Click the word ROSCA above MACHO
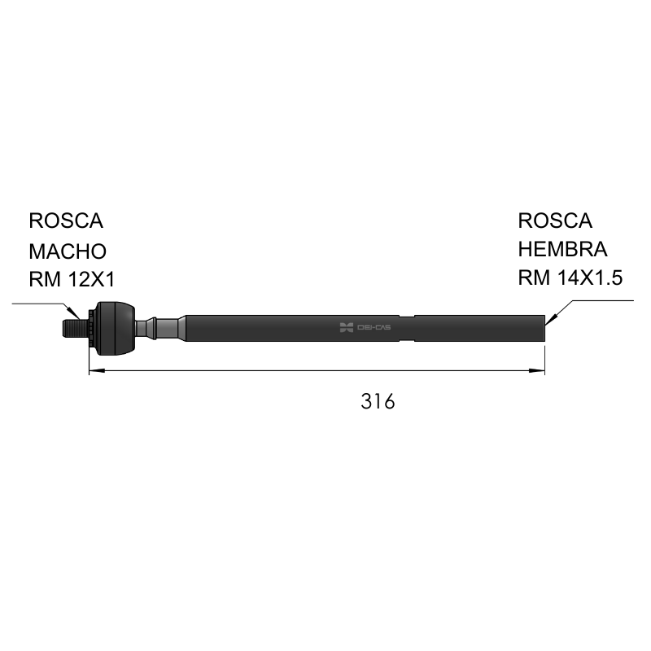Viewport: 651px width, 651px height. (66, 221)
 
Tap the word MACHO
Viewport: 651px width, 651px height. (68, 251)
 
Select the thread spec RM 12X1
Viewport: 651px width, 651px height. (72, 279)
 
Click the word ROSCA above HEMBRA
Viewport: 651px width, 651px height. (555, 221)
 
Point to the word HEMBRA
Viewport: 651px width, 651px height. (562, 249)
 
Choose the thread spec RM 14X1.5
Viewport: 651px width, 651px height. (570, 277)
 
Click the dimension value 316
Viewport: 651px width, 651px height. (378, 401)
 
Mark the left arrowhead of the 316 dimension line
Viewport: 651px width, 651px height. (97, 370)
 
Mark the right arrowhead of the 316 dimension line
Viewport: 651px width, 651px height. (536, 370)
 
